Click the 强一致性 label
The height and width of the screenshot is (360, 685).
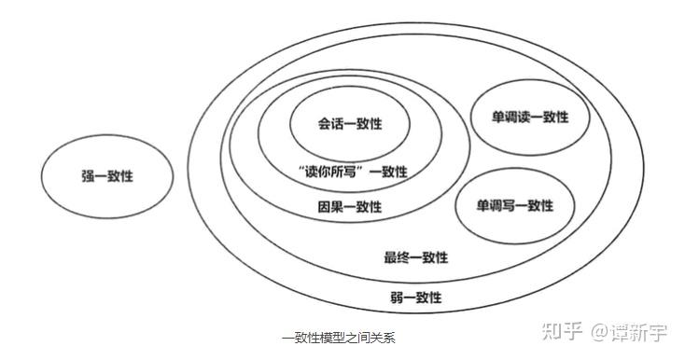click(x=107, y=175)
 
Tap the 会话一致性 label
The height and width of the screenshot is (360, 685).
click(x=350, y=125)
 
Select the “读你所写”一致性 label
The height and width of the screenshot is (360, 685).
click(x=350, y=172)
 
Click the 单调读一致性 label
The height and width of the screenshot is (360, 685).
click(x=530, y=118)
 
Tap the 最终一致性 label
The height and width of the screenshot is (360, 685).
click(x=415, y=257)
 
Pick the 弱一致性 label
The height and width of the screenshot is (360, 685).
click(x=415, y=298)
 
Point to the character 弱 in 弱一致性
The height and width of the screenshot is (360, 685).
click(x=397, y=298)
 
